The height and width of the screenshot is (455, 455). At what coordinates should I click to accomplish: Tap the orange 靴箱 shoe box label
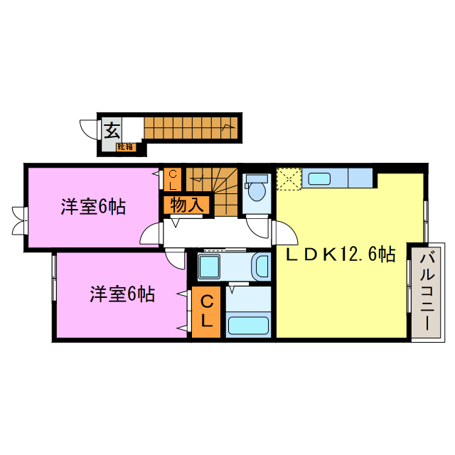point(125,146)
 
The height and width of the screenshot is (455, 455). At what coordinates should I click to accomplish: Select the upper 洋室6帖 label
point(93,208)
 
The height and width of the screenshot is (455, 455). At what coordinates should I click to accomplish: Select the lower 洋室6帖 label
point(123,293)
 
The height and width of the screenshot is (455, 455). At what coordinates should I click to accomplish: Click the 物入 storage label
point(188,205)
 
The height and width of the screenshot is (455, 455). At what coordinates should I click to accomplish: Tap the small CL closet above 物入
point(173,179)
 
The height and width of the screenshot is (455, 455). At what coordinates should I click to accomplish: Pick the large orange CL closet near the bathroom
point(206,311)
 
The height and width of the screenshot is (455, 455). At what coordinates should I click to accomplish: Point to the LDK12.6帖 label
point(340,255)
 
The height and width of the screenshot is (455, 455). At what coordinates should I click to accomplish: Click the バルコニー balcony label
point(424,291)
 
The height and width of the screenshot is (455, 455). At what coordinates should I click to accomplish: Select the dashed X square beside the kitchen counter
point(289,178)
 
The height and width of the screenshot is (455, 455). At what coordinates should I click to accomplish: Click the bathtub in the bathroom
point(247,326)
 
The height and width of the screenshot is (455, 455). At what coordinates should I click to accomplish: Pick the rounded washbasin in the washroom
point(261,267)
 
